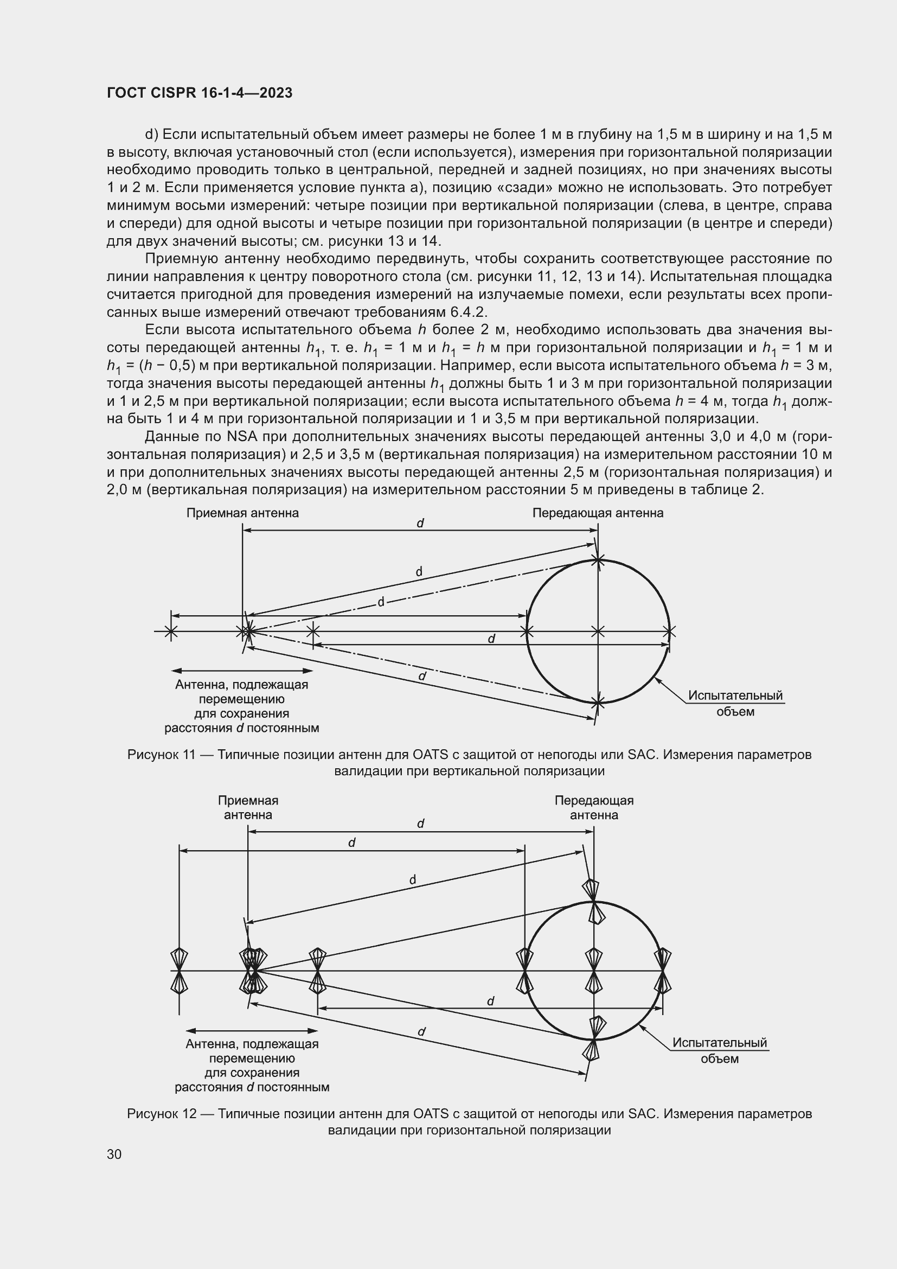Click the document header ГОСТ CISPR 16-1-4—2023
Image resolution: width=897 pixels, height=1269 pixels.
click(x=200, y=93)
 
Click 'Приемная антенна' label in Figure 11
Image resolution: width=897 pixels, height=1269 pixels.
click(x=242, y=513)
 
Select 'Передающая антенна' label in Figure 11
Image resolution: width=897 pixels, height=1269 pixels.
click(x=598, y=513)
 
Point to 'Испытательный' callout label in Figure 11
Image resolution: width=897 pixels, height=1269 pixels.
click(x=735, y=696)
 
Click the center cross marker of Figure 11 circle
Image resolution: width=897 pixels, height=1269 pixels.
click(x=598, y=630)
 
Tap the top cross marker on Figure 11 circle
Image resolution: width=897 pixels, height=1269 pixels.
click(x=598, y=560)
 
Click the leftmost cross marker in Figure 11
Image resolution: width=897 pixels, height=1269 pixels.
click(x=171, y=630)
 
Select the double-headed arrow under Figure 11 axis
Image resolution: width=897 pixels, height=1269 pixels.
click(x=242, y=671)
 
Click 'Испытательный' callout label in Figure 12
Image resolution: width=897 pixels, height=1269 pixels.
click(x=720, y=1042)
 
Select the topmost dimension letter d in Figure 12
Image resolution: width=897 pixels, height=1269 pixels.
click(x=420, y=824)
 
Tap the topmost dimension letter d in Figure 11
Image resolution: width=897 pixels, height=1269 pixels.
click(x=420, y=523)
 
